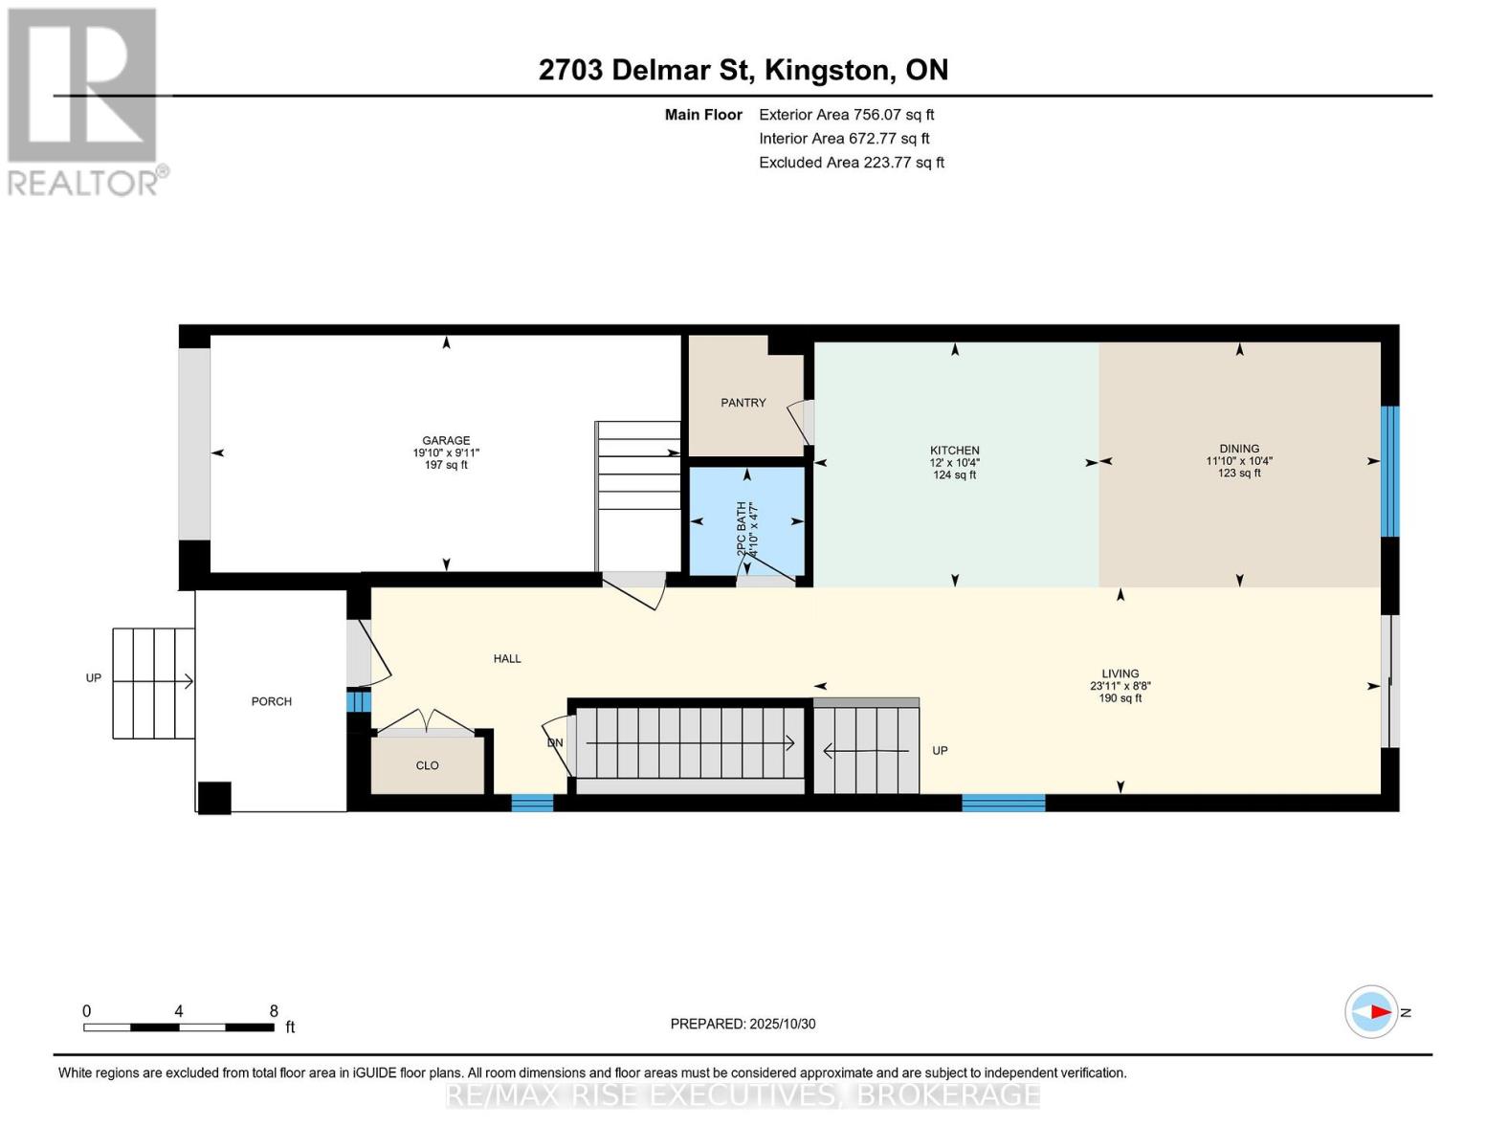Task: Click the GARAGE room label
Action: (x=446, y=441)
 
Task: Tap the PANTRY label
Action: (x=743, y=403)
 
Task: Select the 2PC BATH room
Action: (x=747, y=521)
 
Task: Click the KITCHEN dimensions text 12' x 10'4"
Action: (x=954, y=462)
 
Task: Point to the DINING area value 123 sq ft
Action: (x=1239, y=474)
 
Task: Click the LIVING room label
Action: (x=1120, y=673)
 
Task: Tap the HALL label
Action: (x=507, y=658)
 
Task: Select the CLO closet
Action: (x=427, y=765)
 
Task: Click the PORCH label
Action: (x=272, y=701)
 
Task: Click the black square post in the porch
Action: (x=214, y=798)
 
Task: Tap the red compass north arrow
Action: (x=1378, y=1011)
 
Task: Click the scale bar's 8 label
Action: (x=274, y=1011)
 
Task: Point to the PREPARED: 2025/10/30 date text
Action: (x=743, y=1024)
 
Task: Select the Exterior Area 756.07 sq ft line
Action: (x=846, y=114)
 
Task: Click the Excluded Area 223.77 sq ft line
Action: (x=851, y=163)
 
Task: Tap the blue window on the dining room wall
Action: (x=1390, y=472)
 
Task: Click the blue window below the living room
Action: (x=1003, y=803)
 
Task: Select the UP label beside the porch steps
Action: (x=94, y=678)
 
